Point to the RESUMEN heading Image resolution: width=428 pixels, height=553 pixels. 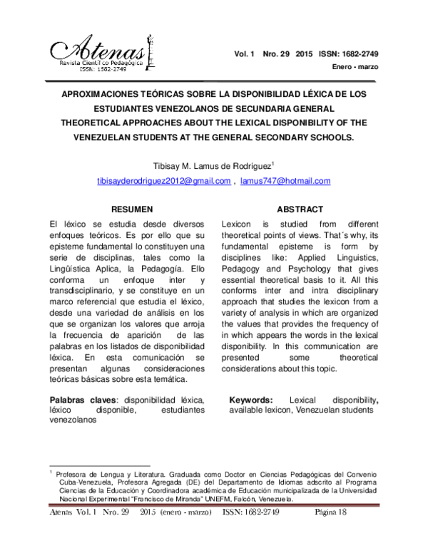pyautogui.click(x=131, y=210)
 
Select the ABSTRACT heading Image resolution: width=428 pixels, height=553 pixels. pyautogui.click(x=300, y=210)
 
